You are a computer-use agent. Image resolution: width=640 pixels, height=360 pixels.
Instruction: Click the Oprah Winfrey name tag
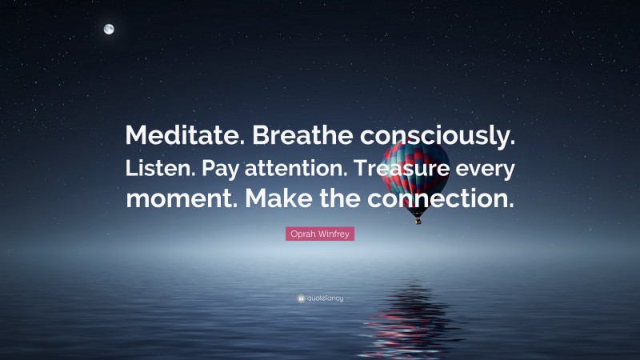click(320, 234)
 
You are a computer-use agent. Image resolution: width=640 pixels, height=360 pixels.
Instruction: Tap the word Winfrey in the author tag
click(335, 234)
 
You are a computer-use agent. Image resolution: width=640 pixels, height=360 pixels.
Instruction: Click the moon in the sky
click(109, 30)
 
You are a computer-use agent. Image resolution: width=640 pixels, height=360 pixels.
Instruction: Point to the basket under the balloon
click(418, 220)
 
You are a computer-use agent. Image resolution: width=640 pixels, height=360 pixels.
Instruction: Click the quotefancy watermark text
click(324, 298)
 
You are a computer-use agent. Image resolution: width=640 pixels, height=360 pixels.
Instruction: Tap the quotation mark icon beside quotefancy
click(300, 298)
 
